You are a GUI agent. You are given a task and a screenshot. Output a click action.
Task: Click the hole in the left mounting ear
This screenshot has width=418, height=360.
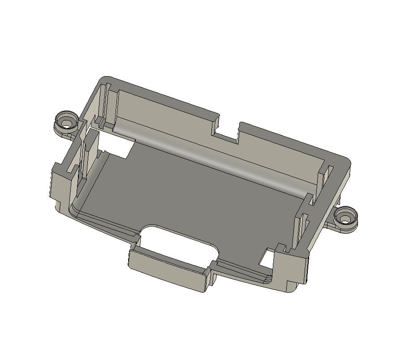click(67, 121)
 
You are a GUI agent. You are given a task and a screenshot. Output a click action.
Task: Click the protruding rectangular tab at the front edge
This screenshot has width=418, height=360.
click(168, 270)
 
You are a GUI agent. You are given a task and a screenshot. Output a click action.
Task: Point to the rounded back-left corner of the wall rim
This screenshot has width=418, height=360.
click(105, 80)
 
